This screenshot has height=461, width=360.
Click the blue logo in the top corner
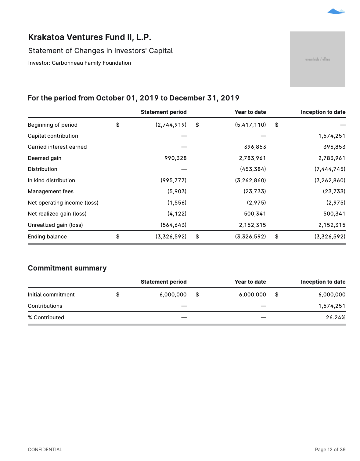(x=336, y=11)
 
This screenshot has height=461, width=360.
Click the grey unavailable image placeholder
(x=318, y=59)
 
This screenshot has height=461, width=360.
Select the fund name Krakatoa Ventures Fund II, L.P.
(x=90, y=37)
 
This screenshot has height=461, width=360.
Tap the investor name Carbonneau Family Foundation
(x=92, y=63)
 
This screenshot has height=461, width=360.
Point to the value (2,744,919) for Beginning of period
(x=171, y=125)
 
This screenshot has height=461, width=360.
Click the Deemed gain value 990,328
(x=175, y=158)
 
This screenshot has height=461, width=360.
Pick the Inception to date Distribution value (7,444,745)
(x=330, y=169)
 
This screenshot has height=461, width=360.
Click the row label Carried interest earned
(x=57, y=147)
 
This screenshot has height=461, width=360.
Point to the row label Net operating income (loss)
(x=63, y=203)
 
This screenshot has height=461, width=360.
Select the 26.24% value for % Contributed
(x=335, y=318)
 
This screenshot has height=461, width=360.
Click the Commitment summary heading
(x=67, y=268)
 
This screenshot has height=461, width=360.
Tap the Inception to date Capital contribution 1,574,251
(x=332, y=136)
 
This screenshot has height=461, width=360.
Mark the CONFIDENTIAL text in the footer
(x=45, y=449)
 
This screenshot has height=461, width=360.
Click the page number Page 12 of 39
(x=330, y=449)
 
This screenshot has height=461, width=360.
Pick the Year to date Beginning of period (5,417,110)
(x=250, y=125)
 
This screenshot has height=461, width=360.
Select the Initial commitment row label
(x=51, y=295)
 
